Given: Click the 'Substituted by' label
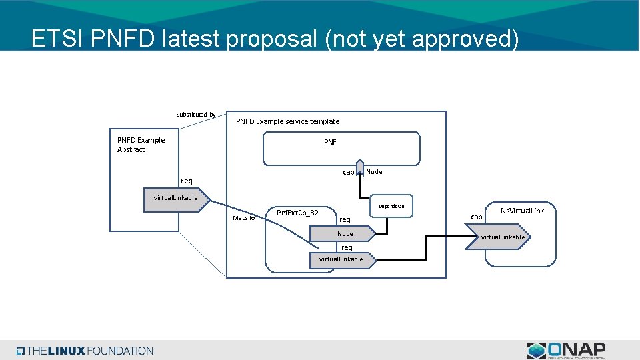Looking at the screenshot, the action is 195,115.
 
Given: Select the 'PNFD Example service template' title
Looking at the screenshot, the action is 287,121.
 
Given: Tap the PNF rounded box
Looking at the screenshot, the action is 341,148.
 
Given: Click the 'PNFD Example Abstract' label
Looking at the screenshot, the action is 141,145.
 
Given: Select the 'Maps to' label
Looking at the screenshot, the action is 243,218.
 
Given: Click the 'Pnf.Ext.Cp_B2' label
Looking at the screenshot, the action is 297,213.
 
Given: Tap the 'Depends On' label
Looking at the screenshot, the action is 391,207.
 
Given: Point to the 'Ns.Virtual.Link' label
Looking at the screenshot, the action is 523,211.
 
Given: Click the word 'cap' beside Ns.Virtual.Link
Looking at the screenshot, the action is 477,217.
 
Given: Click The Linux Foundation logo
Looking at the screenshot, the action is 85,351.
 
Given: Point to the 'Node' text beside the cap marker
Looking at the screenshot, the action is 375,172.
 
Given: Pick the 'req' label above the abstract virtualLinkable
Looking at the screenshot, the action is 187,181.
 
